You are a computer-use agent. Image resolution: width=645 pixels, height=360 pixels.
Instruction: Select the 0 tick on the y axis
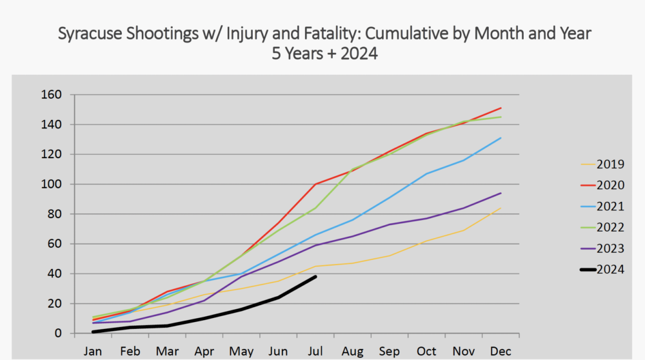pyautogui.click(x=57, y=334)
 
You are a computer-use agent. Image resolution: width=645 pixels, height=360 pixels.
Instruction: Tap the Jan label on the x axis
pyautogui.click(x=93, y=351)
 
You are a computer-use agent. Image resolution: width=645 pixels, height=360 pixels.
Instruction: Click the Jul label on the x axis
pyautogui.click(x=315, y=351)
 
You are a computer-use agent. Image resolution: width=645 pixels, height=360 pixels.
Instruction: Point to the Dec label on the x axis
pyautogui.click(x=501, y=351)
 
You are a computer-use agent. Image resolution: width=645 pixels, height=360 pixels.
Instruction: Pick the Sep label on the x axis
pyautogui.click(x=390, y=351)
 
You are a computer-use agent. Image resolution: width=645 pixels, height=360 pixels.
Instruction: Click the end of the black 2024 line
pyautogui.click(x=315, y=277)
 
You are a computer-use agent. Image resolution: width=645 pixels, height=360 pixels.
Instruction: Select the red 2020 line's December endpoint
pyautogui.click(x=501, y=108)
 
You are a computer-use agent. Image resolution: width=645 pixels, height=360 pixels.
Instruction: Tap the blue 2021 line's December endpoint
pyautogui.click(x=501, y=137)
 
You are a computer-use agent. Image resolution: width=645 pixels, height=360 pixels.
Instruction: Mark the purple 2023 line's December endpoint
pyautogui.click(x=501, y=193)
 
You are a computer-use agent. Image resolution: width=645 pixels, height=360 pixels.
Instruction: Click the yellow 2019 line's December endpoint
pyautogui.click(x=501, y=208)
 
